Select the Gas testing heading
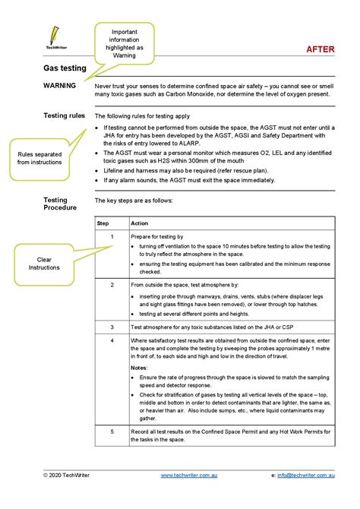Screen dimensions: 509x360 pos(65,68)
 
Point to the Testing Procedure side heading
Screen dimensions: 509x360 pos(60,204)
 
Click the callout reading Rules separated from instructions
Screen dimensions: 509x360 pos(37,157)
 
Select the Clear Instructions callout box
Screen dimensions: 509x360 pos(43,263)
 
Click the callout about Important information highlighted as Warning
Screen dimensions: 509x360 pos(124,43)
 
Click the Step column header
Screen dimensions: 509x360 pos(103,223)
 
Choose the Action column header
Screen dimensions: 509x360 pos(140,223)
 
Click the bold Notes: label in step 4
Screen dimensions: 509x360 pos(140,367)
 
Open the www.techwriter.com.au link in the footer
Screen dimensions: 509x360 pos(190,475)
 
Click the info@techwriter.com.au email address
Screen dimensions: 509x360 pos(307,475)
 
